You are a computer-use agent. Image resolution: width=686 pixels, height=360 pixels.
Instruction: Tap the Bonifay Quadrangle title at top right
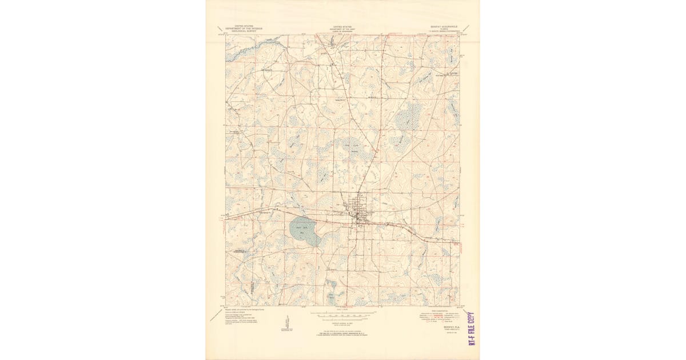(x=445, y=26)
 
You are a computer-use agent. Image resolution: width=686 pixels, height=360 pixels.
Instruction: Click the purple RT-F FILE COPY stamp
(x=472, y=329)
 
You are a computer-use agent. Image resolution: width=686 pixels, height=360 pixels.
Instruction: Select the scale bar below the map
(x=343, y=314)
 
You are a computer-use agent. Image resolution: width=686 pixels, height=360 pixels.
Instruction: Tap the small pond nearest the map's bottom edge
(x=331, y=297)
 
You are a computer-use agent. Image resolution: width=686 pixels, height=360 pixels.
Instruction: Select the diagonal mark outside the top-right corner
(x=465, y=28)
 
